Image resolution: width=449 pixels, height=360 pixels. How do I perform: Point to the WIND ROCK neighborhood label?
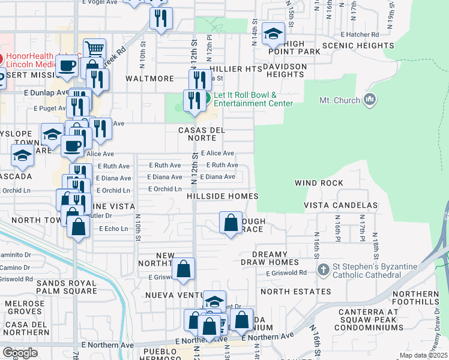point(319,183)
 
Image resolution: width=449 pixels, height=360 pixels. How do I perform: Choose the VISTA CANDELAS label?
point(341,205)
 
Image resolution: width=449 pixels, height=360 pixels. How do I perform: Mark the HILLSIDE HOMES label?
point(222,196)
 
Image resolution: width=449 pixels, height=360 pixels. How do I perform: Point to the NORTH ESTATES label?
point(295,292)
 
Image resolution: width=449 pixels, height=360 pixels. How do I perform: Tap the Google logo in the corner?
point(20,353)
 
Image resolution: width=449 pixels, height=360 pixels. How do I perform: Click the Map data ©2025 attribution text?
point(423,355)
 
